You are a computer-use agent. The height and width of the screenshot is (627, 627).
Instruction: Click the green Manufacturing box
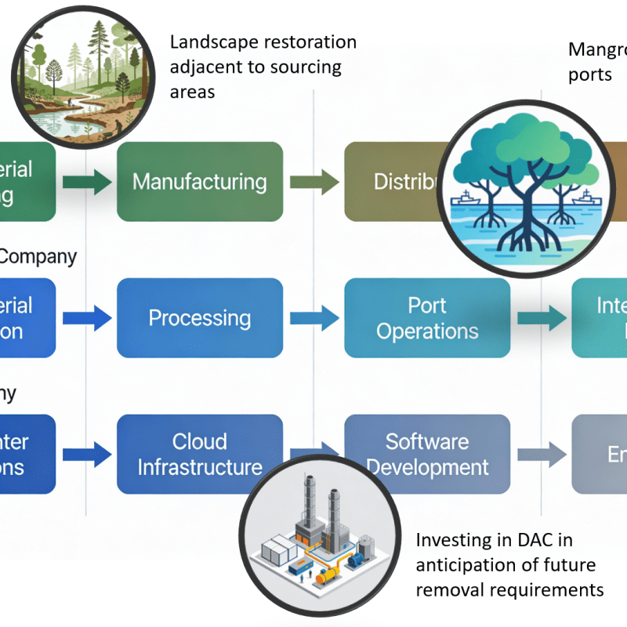tap(199, 182)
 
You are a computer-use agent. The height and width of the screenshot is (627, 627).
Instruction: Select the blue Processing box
tap(199, 318)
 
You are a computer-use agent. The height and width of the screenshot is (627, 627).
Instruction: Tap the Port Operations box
tap(427, 318)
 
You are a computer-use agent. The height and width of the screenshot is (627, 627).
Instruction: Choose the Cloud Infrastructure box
tap(199, 455)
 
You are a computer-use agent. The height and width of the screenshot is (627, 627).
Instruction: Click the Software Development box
tap(427, 455)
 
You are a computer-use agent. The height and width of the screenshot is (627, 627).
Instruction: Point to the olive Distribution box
tap(392, 182)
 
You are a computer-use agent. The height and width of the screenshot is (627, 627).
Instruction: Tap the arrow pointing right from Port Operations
tap(542, 318)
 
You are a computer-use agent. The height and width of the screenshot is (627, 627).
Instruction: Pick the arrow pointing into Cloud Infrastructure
tap(86, 455)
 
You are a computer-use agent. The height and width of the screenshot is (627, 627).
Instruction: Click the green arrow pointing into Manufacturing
tap(86, 182)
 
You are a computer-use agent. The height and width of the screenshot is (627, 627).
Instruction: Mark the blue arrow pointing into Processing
tap(86, 318)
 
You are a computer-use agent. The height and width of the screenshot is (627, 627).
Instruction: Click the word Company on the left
tap(39, 256)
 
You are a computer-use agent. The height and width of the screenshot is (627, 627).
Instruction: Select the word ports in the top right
tap(589, 74)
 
